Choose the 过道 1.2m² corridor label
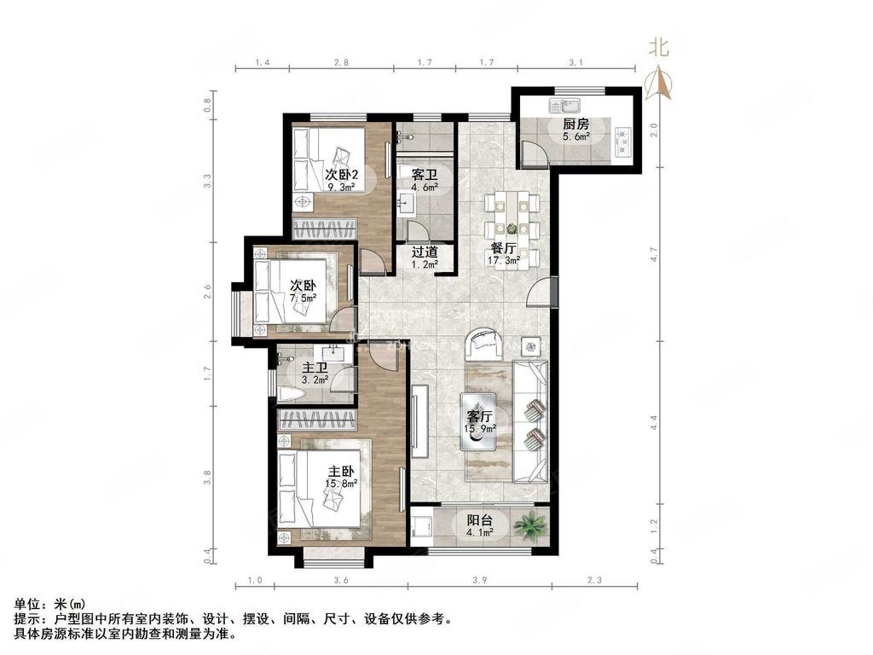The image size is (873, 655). point(425,258)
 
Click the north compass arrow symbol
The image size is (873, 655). point(661,84)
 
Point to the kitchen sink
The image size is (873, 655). point(564,107)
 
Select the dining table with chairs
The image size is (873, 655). point(512,216)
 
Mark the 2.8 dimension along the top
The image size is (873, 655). point(341,63)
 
